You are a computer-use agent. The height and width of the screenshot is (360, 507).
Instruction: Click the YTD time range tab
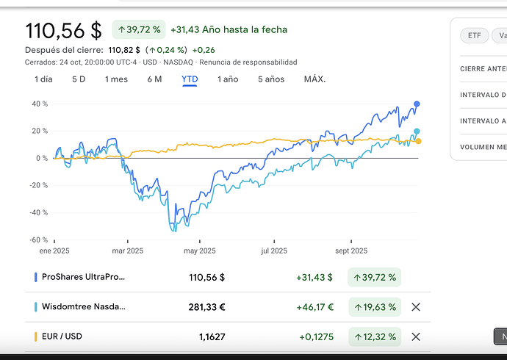pyautogui.click(x=190, y=79)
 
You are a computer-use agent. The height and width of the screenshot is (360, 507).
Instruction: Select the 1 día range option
pyautogui.click(x=43, y=79)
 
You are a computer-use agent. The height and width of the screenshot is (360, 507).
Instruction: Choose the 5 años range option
pyautogui.click(x=271, y=79)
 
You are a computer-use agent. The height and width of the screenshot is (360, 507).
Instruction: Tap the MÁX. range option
pyautogui.click(x=314, y=79)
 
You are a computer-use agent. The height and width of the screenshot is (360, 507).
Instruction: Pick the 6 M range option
pyautogui.click(x=154, y=79)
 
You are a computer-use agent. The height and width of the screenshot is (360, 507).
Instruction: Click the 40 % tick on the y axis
pyautogui.click(x=40, y=104)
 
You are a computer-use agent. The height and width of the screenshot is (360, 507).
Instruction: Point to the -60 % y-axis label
pyautogui.click(x=38, y=240)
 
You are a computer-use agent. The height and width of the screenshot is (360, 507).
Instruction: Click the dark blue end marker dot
pyautogui.click(x=417, y=104)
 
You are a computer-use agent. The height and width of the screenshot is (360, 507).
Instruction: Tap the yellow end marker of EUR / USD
pyautogui.click(x=418, y=141)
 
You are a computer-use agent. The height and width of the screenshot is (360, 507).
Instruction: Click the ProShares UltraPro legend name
pyautogui.click(x=84, y=278)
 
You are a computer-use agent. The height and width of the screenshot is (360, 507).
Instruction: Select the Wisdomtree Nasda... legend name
pyautogui.click(x=84, y=307)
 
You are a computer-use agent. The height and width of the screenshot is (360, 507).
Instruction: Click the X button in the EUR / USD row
pyautogui.click(x=416, y=336)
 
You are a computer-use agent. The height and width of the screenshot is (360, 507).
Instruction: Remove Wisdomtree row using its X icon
pyautogui.click(x=416, y=307)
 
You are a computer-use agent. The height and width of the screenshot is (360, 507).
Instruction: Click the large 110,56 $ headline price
pyautogui.click(x=63, y=31)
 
